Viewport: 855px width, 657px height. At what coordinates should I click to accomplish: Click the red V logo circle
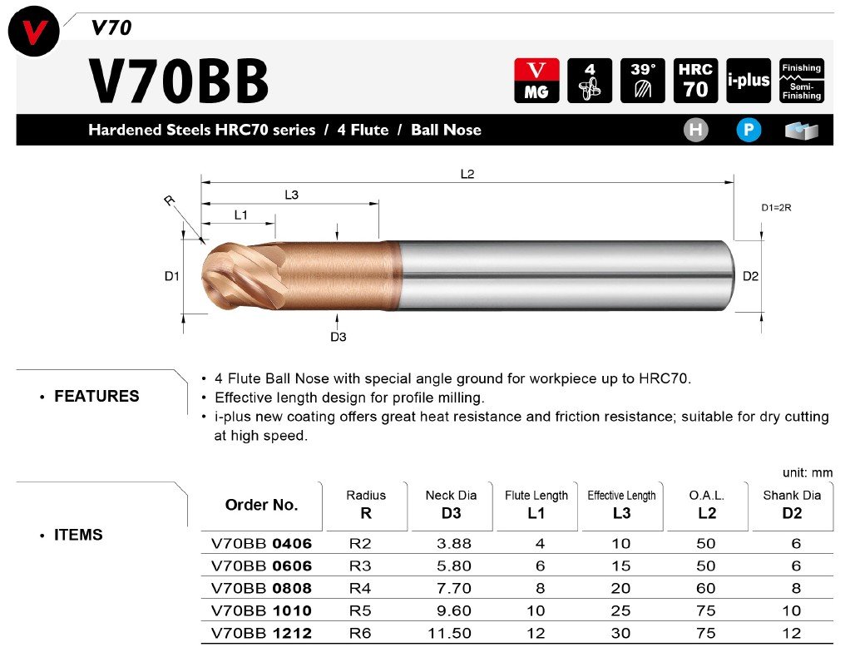click(34, 31)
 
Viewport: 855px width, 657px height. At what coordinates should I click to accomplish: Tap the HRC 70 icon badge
click(695, 81)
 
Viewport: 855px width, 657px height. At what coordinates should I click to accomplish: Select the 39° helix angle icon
click(642, 81)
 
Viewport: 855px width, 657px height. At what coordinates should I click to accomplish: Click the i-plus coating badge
click(749, 81)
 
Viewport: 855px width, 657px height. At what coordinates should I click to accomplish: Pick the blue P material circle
click(749, 131)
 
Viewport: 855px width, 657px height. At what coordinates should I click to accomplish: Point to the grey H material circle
click(696, 131)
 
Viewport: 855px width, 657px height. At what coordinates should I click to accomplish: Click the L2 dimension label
click(467, 174)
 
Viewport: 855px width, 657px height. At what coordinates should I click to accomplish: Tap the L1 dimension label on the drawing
click(240, 215)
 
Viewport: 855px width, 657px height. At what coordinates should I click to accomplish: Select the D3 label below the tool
click(338, 337)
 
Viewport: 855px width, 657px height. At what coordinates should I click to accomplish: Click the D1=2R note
click(776, 208)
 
